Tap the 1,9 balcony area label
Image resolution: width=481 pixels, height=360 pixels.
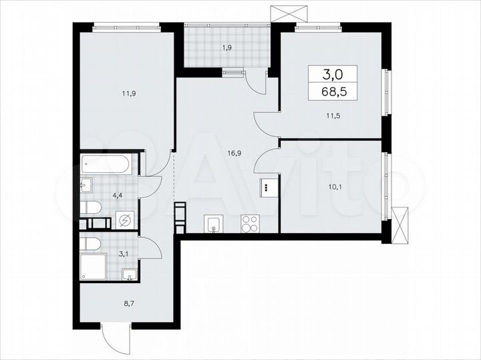[226, 48]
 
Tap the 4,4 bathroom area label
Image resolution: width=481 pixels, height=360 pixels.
[99, 196]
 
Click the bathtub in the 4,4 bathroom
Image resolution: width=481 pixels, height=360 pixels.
[106, 164]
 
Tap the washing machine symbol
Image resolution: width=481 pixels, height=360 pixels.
[124, 219]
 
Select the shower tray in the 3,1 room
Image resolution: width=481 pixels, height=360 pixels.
[91, 266]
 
